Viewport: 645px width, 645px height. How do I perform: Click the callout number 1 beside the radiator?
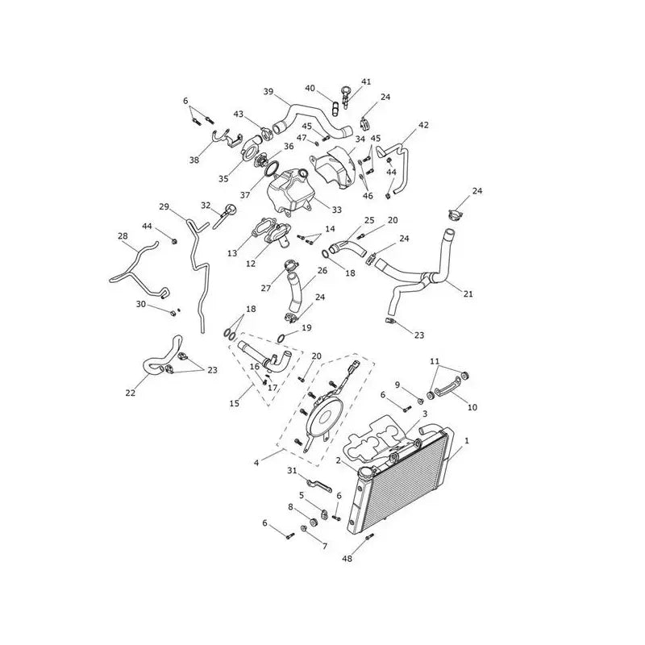pos(467,440)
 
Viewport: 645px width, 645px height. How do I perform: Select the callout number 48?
pos(347,559)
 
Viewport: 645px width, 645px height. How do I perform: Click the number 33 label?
pos(336,210)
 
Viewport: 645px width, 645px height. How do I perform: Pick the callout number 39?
pos(268,91)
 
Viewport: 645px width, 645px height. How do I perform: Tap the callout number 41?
pos(366,81)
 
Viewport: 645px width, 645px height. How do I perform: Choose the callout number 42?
pos(423,125)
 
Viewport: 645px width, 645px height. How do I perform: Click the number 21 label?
pos(468,293)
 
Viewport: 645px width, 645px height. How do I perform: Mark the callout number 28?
pos(123,235)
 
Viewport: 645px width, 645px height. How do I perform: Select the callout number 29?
pos(164,206)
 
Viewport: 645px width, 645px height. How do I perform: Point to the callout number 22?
pos(130,393)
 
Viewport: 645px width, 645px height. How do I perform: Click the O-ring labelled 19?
pos(281,338)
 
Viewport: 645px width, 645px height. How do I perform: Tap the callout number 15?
pos(234,404)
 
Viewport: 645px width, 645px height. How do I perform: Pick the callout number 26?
pos(322,270)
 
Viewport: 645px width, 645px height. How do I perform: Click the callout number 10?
pos(472,407)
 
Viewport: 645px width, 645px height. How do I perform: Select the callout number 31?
pos(292,471)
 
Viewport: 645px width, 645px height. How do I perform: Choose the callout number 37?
pos(245,195)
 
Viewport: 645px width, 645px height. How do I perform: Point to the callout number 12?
pos(251,264)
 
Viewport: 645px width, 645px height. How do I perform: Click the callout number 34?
pos(360,139)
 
